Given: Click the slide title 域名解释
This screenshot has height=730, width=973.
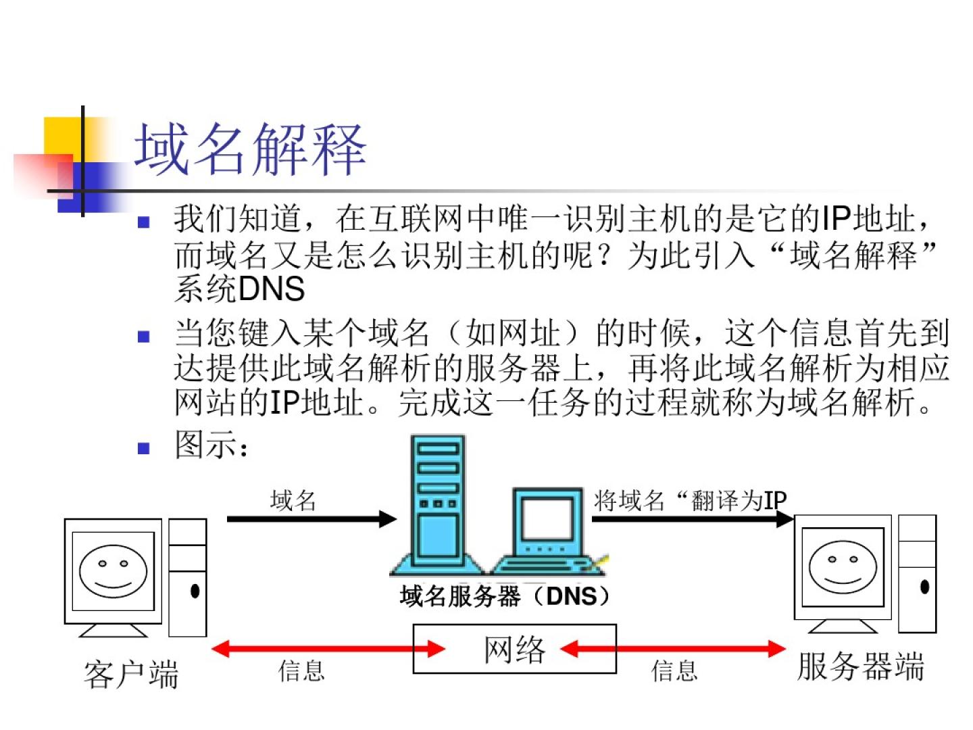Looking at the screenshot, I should (x=250, y=150).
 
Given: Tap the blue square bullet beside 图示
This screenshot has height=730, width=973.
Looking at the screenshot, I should (x=143, y=447).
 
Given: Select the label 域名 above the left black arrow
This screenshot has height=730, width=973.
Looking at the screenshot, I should (x=293, y=500).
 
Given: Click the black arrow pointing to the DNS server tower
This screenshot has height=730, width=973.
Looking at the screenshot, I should (x=311, y=519).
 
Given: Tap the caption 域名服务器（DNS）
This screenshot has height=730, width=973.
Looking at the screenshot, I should (x=505, y=596).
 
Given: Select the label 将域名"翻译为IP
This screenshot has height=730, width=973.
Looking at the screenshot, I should (x=690, y=501).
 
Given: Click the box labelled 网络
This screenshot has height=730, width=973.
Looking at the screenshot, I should (x=514, y=649).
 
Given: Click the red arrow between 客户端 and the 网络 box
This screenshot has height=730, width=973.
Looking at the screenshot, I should (x=328, y=650).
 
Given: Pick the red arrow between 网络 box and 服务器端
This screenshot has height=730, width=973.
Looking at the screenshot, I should (x=673, y=650).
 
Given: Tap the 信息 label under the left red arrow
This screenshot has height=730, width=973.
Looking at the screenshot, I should (x=302, y=671).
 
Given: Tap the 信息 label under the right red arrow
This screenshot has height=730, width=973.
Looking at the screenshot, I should (x=674, y=671).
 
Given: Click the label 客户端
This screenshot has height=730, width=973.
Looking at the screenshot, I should (x=131, y=675).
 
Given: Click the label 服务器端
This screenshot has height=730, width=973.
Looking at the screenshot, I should (x=860, y=666).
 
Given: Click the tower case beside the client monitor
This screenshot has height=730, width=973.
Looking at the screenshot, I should (x=187, y=578).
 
